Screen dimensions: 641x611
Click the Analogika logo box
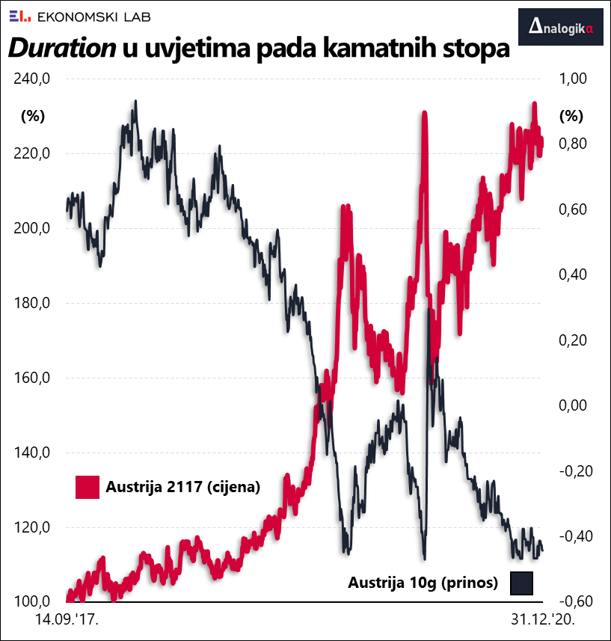pos(560,28)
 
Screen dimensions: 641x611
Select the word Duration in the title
pos(61,49)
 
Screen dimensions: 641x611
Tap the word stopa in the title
pos(469,49)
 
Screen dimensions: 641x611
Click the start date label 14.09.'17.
pos(67,620)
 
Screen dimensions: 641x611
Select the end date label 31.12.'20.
pos(541,620)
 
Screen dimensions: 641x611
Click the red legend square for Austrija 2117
pos(87,487)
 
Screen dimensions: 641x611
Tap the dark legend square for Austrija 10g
pos(521,583)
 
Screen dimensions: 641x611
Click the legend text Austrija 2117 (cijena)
pos(182,487)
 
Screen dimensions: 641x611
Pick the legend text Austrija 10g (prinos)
pos(423,583)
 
